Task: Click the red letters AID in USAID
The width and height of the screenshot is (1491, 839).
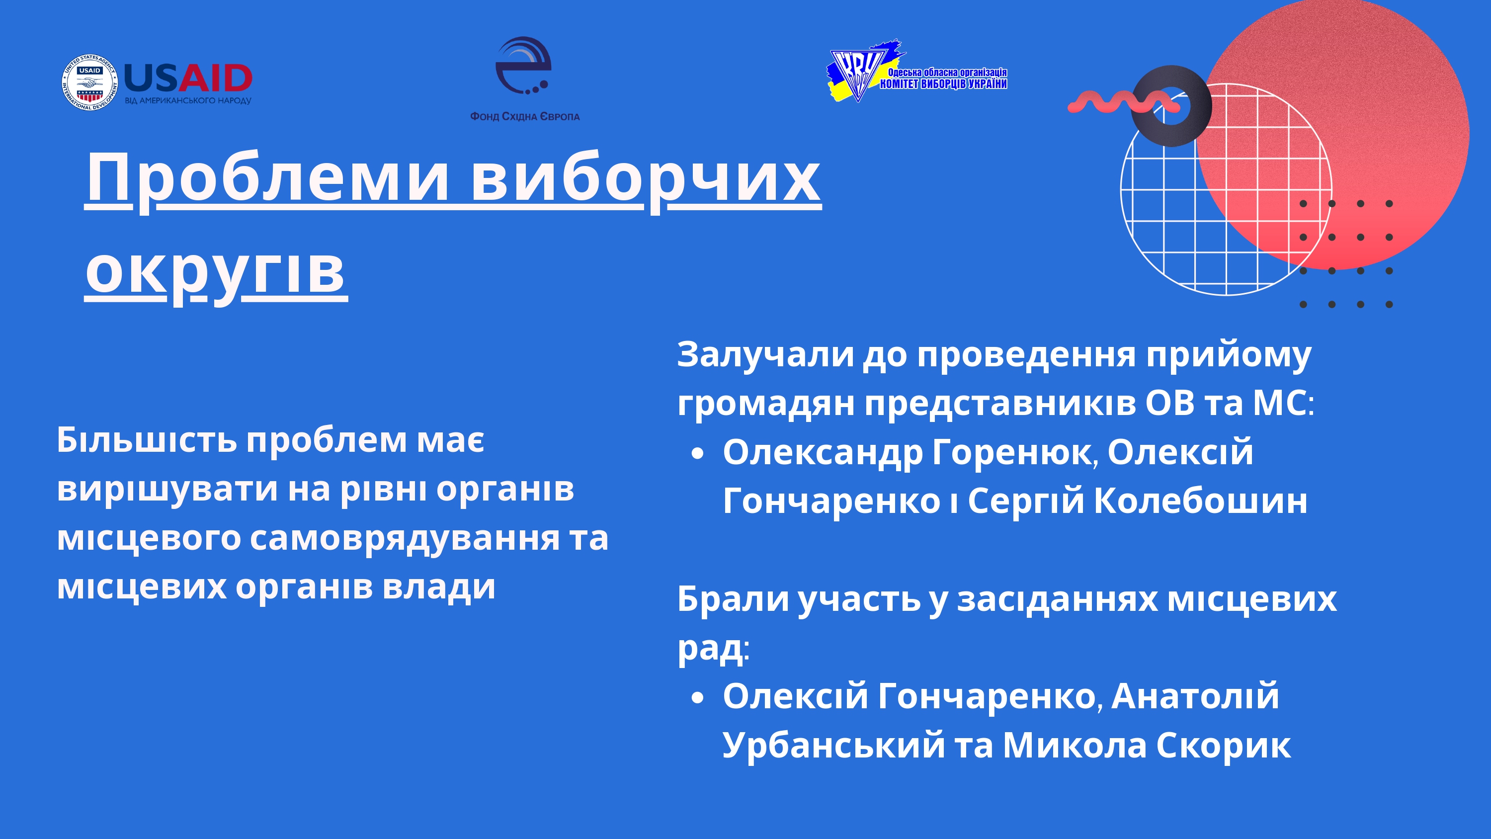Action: [215, 78]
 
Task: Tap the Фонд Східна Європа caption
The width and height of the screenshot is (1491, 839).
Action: [524, 116]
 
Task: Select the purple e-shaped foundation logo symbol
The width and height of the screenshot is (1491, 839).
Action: [523, 66]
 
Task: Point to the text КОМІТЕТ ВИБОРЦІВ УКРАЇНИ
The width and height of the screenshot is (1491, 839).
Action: [943, 84]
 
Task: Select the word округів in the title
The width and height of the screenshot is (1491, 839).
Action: [215, 272]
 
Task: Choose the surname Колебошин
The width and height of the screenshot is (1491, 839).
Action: [1200, 501]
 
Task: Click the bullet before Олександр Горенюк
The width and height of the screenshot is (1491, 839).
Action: [697, 454]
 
